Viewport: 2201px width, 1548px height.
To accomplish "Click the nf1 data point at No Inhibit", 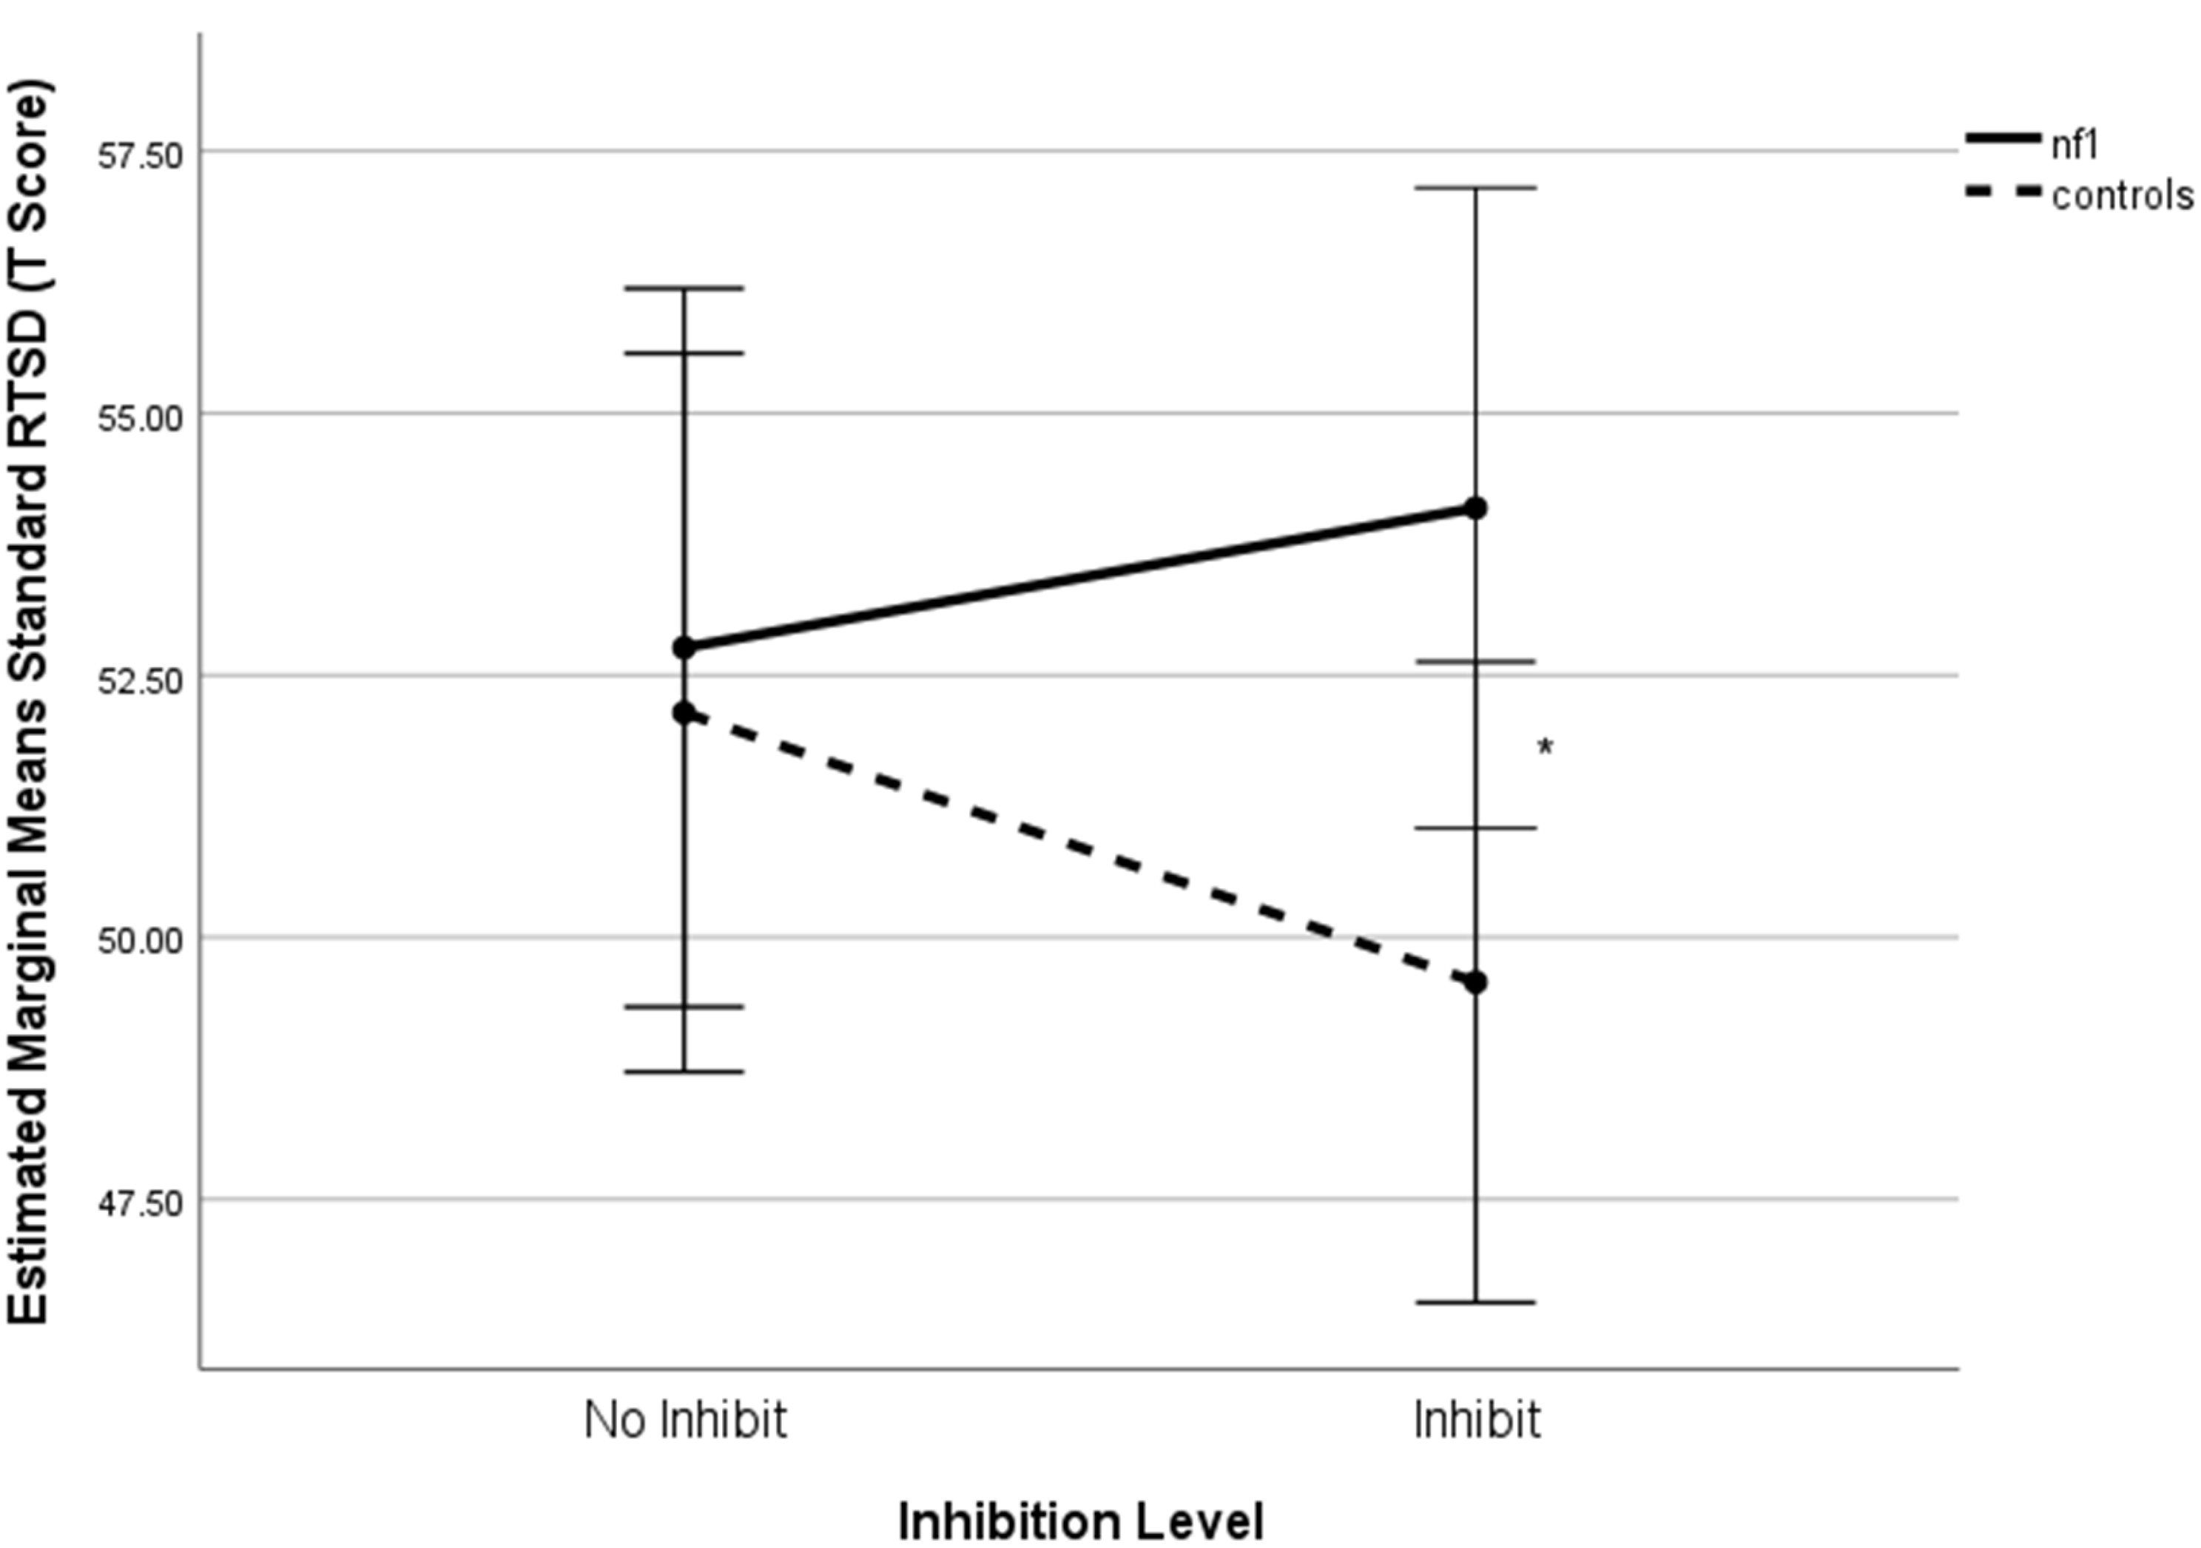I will pos(684,648).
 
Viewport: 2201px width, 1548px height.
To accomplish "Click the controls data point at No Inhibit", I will pos(684,713).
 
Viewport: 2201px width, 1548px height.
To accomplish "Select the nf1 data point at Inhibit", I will pos(1476,508).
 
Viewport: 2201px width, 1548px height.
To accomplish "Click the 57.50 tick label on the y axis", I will pos(140,153).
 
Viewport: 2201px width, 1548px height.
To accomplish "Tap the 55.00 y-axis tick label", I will pos(140,417).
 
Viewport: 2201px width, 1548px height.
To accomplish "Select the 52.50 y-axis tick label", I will pos(140,680).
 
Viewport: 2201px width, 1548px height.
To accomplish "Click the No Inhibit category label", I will pos(685,1419).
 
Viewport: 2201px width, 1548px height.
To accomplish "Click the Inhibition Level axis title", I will pos(1080,1521).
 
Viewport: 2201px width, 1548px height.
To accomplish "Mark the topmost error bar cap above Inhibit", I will pos(1476,188).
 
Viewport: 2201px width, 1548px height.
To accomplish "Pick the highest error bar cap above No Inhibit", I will pos(684,288).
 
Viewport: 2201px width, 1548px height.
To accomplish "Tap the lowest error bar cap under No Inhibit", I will pos(684,1072).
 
